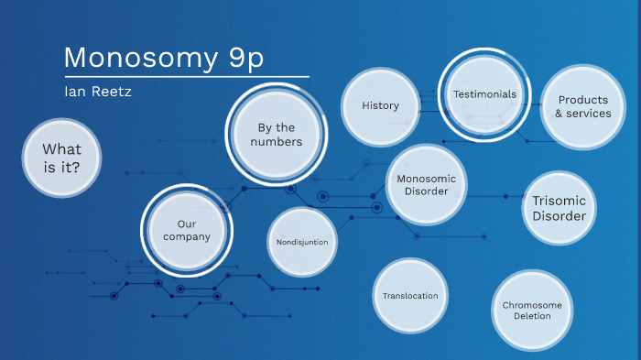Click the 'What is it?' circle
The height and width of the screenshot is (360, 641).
pyautogui.click(x=62, y=158)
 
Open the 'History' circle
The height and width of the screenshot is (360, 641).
pyautogui.click(x=380, y=105)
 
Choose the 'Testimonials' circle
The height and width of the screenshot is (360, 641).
pyautogui.click(x=484, y=94)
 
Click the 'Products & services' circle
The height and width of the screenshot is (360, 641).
pyautogui.click(x=582, y=107)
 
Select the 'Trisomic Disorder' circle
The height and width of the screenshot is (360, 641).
pyautogui.click(x=559, y=207)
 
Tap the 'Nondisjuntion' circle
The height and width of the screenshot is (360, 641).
pyautogui.click(x=302, y=242)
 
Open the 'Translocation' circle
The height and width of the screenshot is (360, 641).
pyautogui.click(x=410, y=296)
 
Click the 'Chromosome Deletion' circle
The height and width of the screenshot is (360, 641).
pyautogui.click(x=532, y=311)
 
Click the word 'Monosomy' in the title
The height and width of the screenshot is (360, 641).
pyautogui.click(x=133, y=58)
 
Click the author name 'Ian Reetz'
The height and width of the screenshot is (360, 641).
pyautogui.click(x=92, y=92)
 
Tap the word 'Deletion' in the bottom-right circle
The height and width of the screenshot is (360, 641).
pyautogui.click(x=532, y=316)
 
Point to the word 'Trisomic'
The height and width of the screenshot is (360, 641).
pyautogui.click(x=559, y=200)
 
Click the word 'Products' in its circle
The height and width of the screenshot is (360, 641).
pyautogui.click(x=583, y=100)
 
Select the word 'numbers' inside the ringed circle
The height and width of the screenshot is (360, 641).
pyautogui.click(x=278, y=142)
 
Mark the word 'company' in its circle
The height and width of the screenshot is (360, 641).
pyautogui.click(x=187, y=236)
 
